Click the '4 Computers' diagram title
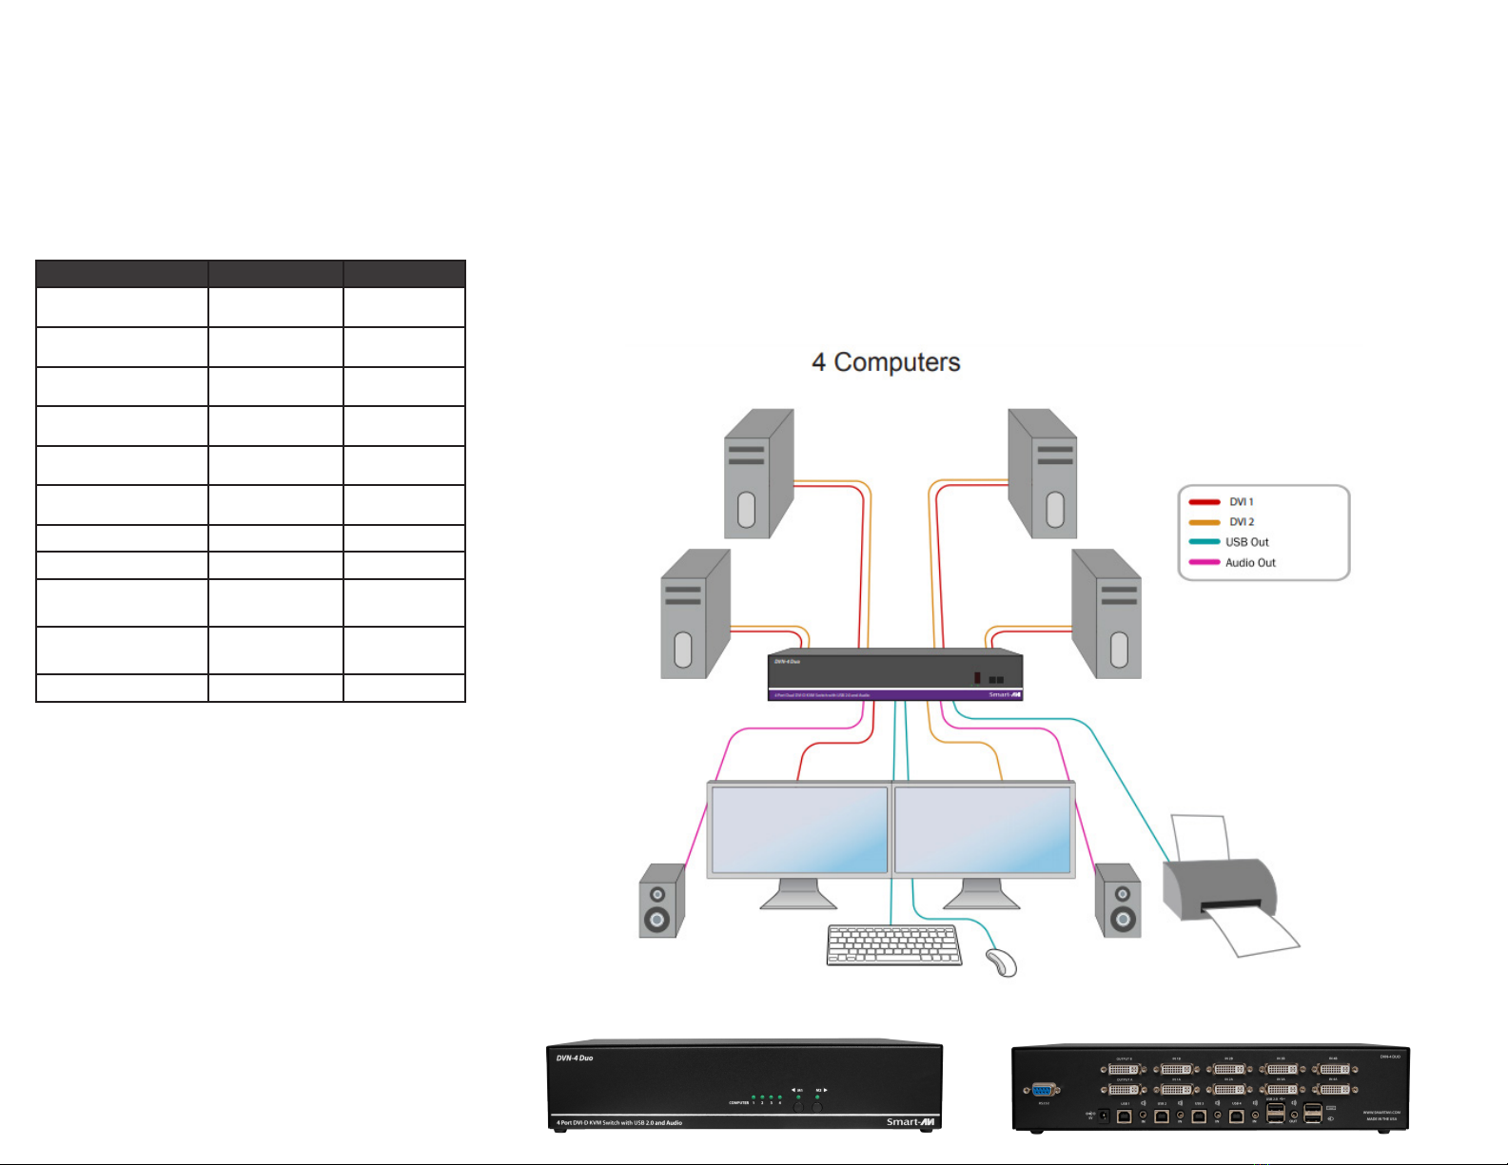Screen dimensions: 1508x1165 point(885,362)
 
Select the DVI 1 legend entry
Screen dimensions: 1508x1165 point(1241,502)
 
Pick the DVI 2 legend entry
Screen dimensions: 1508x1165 point(1241,522)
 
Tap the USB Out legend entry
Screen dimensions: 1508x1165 point(1246,542)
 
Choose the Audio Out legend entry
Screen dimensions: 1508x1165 point(1249,563)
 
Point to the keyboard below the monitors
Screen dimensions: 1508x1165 point(892,945)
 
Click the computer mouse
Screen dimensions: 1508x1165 point(1002,962)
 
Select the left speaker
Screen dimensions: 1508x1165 point(661,901)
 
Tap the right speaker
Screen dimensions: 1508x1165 point(1118,901)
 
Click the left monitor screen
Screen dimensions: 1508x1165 point(799,829)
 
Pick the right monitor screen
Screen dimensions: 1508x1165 point(983,829)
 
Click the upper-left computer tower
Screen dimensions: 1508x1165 point(758,474)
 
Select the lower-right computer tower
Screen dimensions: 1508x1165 point(1106,613)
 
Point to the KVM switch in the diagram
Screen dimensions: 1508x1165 point(894,675)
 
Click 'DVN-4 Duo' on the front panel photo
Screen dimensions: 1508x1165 point(575,1058)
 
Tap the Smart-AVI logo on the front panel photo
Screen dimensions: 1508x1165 point(910,1122)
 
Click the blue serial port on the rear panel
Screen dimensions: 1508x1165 point(1044,1091)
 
